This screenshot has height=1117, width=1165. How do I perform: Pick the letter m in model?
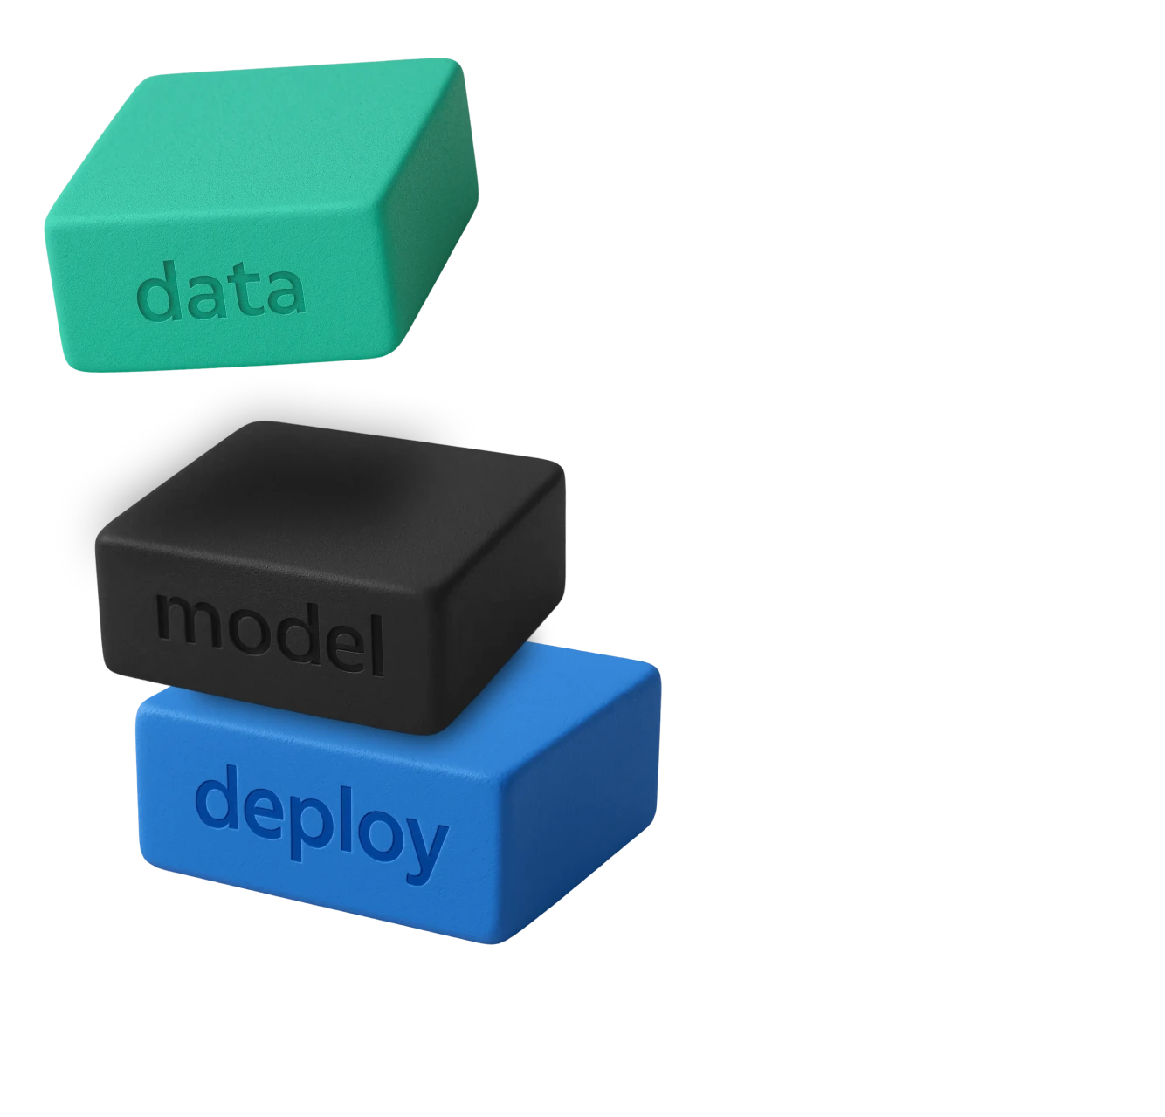pyautogui.click(x=184, y=624)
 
